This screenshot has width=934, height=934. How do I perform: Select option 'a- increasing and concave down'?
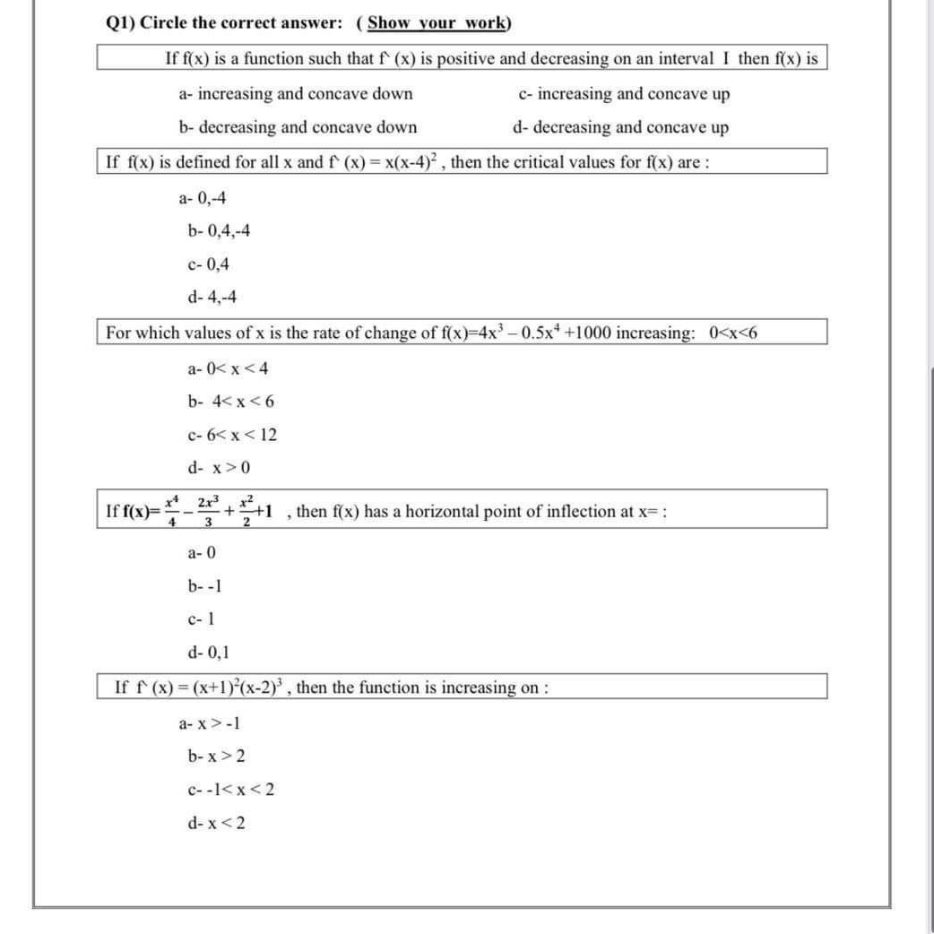click(x=296, y=94)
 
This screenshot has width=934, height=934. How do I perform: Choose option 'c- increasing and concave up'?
click(x=624, y=94)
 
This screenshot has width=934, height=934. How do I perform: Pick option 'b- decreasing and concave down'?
click(x=298, y=127)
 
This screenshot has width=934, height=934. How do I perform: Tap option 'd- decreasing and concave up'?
click(x=620, y=127)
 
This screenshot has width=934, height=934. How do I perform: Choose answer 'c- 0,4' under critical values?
click(x=209, y=264)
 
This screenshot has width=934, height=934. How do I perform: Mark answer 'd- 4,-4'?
click(x=213, y=298)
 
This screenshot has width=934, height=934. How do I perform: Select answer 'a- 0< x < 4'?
click(x=228, y=368)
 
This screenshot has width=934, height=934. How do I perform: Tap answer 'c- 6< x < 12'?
click(x=232, y=436)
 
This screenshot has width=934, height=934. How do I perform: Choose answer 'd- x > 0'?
click(x=219, y=468)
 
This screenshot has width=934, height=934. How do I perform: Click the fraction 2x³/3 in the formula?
click(x=207, y=512)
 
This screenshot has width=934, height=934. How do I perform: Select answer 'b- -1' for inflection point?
click(x=205, y=587)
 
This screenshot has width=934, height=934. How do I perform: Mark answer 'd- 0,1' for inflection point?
click(x=209, y=653)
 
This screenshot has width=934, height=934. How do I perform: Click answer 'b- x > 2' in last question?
click(x=216, y=757)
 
